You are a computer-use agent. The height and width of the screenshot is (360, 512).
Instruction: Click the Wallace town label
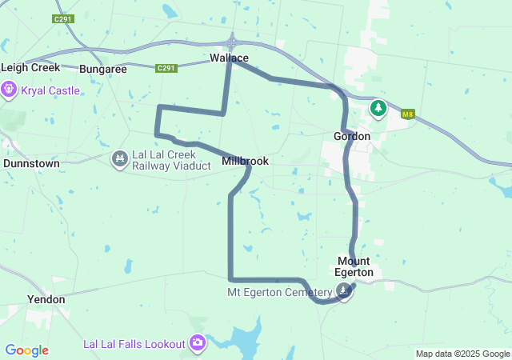click(230, 58)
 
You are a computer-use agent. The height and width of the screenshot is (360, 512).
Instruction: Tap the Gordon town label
click(351, 137)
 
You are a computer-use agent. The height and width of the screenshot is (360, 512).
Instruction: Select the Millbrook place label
click(245, 161)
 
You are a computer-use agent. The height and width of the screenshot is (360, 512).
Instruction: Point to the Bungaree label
click(103, 70)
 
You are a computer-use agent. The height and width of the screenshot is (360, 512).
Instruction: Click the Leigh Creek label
click(30, 68)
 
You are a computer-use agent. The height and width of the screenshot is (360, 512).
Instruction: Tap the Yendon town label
click(46, 298)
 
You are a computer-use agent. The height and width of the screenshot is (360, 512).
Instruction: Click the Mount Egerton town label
click(354, 266)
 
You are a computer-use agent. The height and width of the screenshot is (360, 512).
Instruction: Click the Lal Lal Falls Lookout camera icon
click(197, 344)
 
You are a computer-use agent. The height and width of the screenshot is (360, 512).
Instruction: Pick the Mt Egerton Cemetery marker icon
click(344, 292)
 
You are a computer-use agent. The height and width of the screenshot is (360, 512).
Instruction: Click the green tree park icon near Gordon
click(378, 107)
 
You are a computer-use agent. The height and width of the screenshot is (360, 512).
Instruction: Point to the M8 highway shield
click(408, 114)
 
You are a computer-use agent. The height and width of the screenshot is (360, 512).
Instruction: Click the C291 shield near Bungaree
click(166, 68)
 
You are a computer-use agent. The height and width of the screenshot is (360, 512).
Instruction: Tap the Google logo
click(26, 350)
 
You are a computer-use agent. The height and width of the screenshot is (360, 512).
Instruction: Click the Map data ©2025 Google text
click(462, 354)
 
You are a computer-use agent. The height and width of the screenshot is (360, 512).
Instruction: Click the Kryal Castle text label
click(50, 90)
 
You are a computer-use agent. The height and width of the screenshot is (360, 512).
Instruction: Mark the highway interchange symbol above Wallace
click(232, 42)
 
